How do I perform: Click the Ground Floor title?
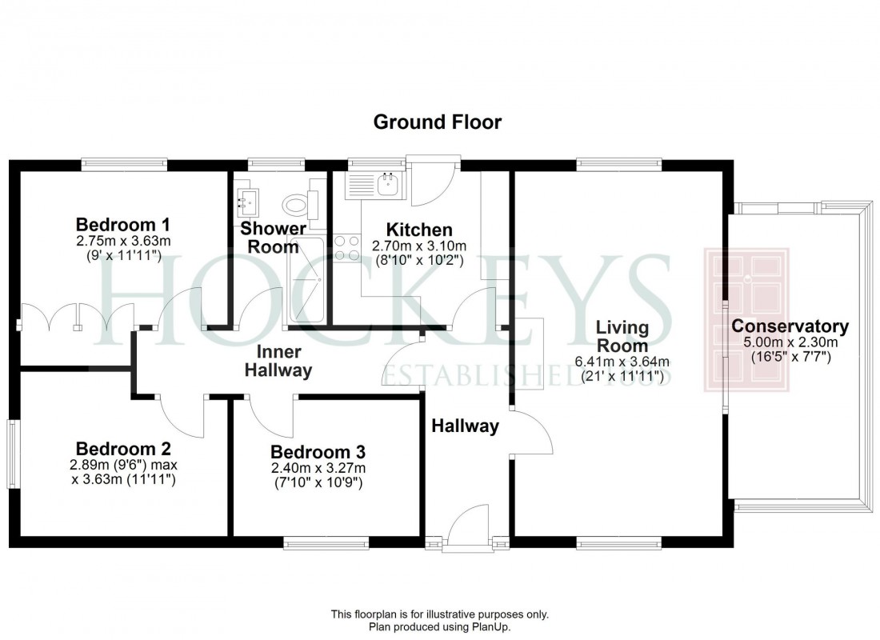[438, 122]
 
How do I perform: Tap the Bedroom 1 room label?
[123, 223]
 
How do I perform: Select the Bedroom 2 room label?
[123, 449]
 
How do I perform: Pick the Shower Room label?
[274, 238]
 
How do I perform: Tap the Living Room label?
[622, 337]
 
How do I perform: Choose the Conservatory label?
[790, 326]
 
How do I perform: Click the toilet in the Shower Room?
[297, 206]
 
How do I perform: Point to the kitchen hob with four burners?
[346, 247]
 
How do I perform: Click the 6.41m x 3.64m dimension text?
[622, 362]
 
